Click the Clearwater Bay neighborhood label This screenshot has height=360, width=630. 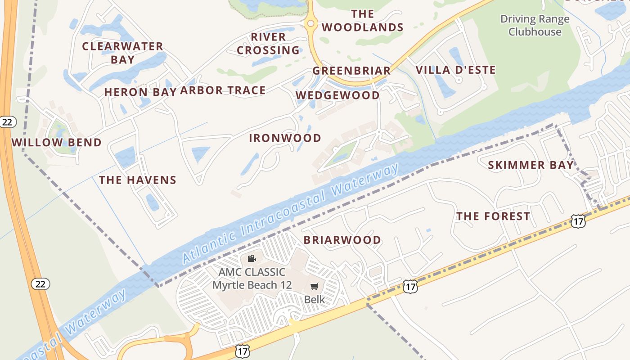(x=122, y=53)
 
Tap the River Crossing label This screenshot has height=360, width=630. (x=268, y=43)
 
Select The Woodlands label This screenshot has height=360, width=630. (x=362, y=21)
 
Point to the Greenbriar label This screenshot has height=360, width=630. (x=351, y=71)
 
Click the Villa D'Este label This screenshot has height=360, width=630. (x=455, y=70)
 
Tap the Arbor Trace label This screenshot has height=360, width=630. (x=223, y=90)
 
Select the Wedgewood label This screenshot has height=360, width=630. (x=337, y=95)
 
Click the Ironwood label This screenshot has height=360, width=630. (x=285, y=138)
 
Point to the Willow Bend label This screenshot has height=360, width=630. (x=57, y=143)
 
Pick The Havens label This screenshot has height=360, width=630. (x=138, y=180)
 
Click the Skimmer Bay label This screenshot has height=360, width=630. (x=531, y=165)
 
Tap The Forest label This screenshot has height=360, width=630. (x=493, y=216)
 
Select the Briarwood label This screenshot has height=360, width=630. (x=342, y=240)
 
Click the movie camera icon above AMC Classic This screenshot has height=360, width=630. (x=252, y=258)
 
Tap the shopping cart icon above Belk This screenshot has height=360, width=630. (x=314, y=287)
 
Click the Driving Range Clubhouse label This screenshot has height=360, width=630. (x=535, y=26)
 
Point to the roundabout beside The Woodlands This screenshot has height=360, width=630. (x=310, y=22)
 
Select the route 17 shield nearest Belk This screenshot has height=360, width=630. (x=410, y=286)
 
